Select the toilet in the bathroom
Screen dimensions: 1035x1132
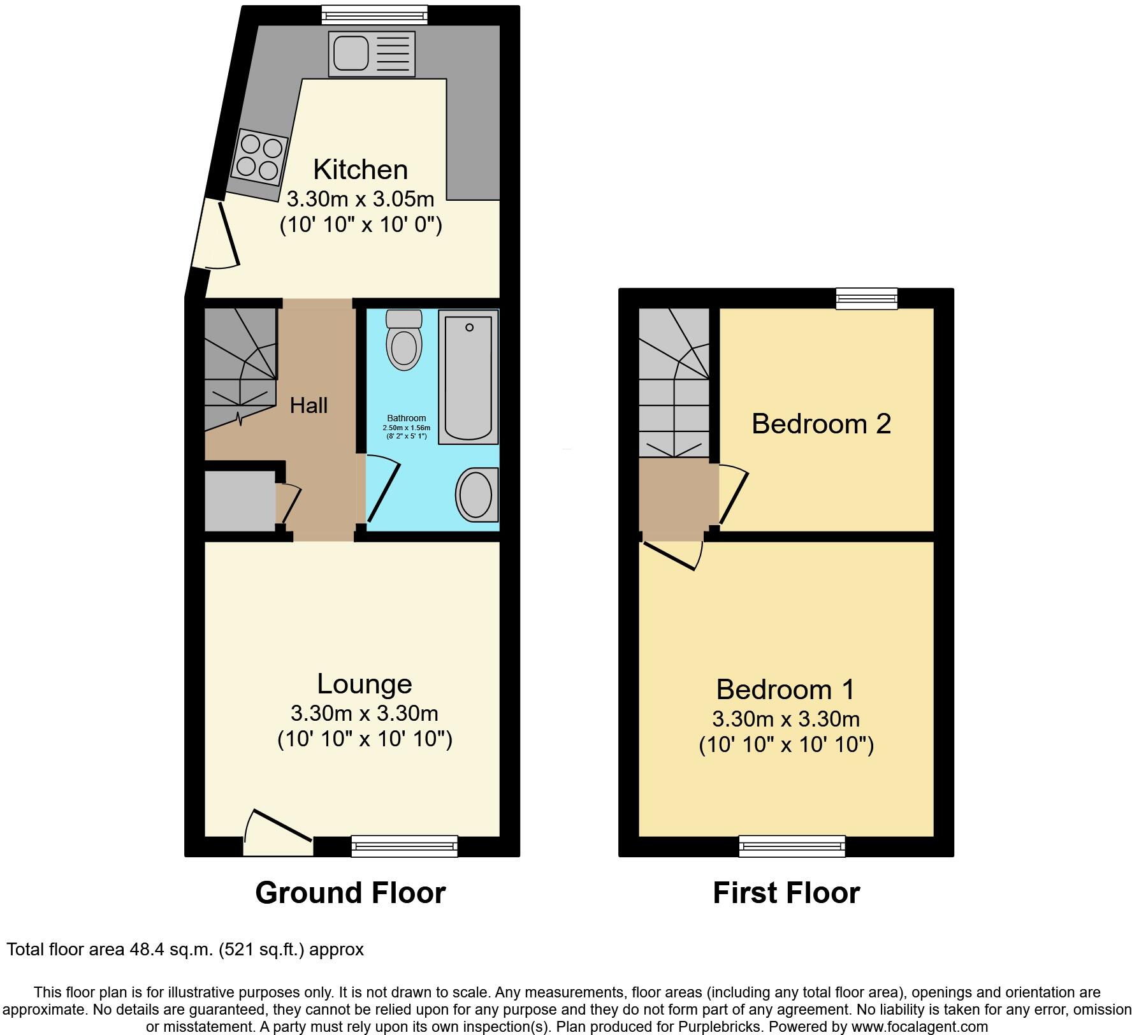[404, 340]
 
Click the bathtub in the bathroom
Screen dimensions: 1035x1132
[468, 376]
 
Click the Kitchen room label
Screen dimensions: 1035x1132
[360, 170]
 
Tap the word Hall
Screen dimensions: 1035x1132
[308, 405]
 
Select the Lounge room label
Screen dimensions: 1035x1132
[365, 684]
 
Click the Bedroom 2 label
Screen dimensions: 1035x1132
[821, 424]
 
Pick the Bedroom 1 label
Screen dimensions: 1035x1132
[785, 690]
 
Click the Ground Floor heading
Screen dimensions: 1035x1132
[350, 893]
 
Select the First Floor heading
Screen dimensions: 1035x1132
[786, 893]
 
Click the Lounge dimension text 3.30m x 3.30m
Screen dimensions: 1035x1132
[365, 713]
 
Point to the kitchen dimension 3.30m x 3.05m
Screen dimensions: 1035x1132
[360, 199]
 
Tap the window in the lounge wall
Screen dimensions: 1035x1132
[404, 846]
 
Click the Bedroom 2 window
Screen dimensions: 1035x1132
[866, 298]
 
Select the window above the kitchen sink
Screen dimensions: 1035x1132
[374, 14]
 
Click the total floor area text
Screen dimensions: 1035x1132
[185, 950]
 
